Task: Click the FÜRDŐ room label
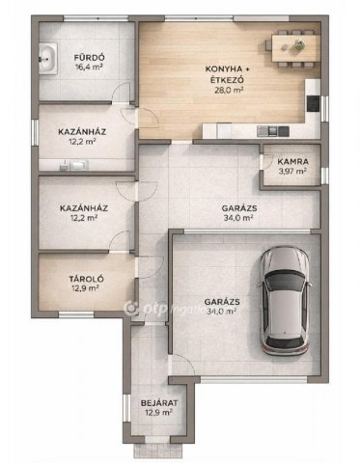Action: [x=89, y=58]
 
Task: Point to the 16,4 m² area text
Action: [x=89, y=68]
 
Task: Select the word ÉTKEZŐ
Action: [x=229, y=79]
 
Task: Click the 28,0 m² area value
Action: [x=229, y=90]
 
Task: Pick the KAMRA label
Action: [x=292, y=161]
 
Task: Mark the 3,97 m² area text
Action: [x=292, y=171]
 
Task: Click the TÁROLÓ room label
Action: [x=86, y=279]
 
